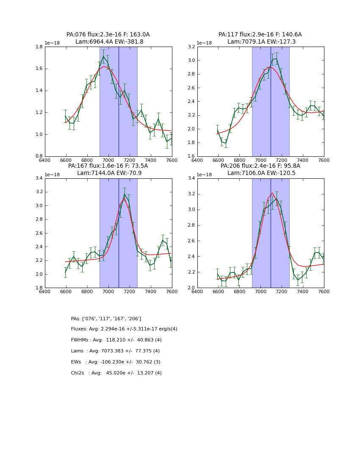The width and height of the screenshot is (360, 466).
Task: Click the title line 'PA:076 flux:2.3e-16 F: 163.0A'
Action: point(108,35)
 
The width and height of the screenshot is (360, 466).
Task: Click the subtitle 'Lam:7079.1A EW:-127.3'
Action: point(260,42)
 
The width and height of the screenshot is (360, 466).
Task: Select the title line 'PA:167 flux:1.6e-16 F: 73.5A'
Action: point(108,166)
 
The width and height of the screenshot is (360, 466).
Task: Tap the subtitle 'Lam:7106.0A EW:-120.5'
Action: point(260,173)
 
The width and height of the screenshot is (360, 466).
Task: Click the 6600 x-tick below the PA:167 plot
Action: point(66,291)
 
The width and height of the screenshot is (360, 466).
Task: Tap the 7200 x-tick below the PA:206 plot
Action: point(282,291)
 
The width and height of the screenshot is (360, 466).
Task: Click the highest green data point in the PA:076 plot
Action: point(103,56)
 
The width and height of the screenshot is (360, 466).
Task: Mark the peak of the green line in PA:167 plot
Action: point(125,194)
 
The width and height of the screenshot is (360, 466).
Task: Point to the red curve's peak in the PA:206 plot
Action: point(272,193)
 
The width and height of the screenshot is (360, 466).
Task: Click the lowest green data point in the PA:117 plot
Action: point(226,143)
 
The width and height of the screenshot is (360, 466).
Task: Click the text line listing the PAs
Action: point(106,319)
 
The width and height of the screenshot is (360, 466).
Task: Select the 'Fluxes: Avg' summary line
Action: point(124,329)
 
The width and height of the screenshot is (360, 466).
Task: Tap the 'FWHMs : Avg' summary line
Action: point(116,340)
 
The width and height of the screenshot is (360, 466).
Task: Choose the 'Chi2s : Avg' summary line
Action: point(116,373)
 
